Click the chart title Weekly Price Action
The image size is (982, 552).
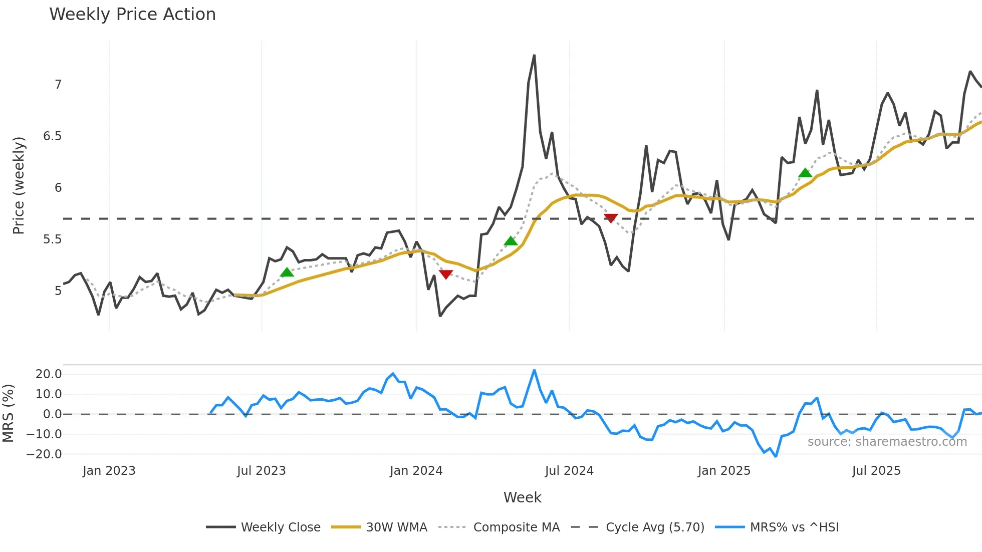pyautogui.click(x=132, y=15)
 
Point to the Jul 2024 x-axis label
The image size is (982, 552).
pyautogui.click(x=569, y=471)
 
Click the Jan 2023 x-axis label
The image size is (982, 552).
pyautogui.click(x=109, y=471)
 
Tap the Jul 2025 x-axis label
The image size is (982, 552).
pyautogui.click(x=876, y=471)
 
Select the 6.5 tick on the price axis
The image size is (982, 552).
pyautogui.click(x=52, y=136)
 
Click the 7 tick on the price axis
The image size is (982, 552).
pyautogui.click(x=58, y=85)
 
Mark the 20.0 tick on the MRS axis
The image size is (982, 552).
pyautogui.click(x=49, y=374)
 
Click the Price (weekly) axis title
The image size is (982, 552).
pyautogui.click(x=19, y=185)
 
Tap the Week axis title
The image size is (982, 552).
pyautogui.click(x=522, y=497)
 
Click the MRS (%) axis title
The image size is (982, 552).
pyautogui.click(x=8, y=413)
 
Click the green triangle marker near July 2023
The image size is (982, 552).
pyautogui.click(x=287, y=272)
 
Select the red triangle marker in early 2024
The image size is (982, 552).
pyautogui.click(x=445, y=274)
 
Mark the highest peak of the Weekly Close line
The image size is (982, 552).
pyautogui.click(x=534, y=56)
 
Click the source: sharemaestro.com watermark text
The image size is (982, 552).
pyautogui.click(x=887, y=442)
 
